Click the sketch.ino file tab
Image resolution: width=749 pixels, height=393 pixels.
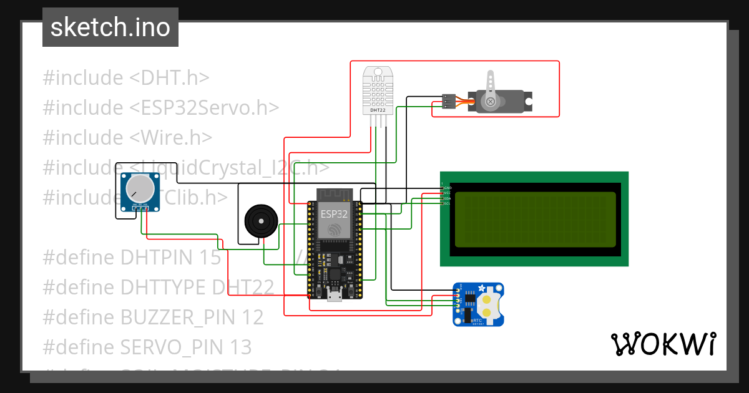click(x=110, y=27)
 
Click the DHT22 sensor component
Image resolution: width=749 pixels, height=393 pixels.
click(x=378, y=91)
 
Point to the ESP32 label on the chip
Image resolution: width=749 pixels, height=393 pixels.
click(x=334, y=213)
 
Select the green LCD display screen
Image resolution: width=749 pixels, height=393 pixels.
click(x=534, y=219)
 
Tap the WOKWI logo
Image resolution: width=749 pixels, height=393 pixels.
click(x=663, y=344)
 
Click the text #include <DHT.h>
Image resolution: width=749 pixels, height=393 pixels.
click(x=125, y=78)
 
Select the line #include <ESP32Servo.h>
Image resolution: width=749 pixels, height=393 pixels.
click(x=160, y=107)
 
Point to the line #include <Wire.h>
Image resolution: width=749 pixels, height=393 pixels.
click(x=127, y=137)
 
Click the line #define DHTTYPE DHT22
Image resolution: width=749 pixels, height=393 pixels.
click(x=158, y=287)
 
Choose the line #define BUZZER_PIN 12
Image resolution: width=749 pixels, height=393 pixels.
click(x=153, y=317)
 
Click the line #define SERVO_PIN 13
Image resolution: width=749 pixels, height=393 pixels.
click(x=147, y=346)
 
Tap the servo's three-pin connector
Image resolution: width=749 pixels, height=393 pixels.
click(x=448, y=102)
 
